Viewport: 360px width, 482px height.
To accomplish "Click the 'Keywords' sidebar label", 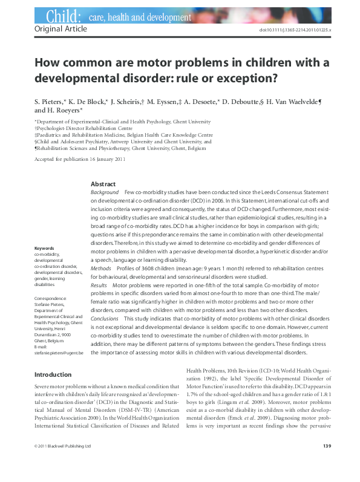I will click(45, 265).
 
